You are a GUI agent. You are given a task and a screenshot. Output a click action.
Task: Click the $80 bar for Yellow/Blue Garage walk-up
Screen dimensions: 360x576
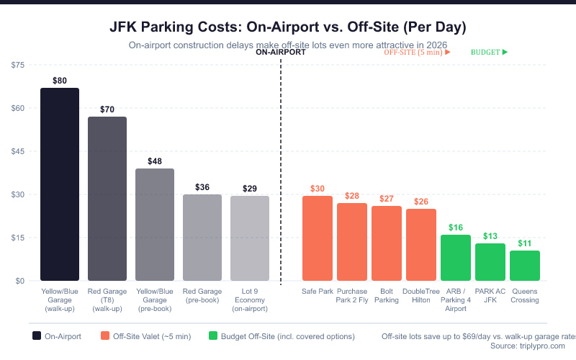(60, 184)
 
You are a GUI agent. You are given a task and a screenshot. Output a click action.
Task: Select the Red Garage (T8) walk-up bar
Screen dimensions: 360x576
(107, 199)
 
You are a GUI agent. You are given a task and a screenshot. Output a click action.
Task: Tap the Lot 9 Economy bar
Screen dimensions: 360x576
(250, 238)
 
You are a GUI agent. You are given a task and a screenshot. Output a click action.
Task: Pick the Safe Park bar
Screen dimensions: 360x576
(318, 238)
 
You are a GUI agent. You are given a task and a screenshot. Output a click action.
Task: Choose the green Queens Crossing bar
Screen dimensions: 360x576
(525, 266)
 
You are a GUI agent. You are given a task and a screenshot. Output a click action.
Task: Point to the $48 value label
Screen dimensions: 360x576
(155, 162)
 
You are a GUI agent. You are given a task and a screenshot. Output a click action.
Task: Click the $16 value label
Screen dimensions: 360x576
(456, 228)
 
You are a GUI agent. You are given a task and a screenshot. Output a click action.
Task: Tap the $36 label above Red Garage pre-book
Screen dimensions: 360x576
(202, 187)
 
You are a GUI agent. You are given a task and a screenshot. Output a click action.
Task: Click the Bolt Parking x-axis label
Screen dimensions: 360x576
(387, 296)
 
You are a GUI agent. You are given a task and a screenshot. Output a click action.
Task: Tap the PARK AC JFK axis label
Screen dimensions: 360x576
(490, 296)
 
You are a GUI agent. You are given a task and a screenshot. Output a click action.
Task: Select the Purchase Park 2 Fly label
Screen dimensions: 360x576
(352, 296)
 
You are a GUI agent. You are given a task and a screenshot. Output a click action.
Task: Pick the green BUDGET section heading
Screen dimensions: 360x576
(486, 53)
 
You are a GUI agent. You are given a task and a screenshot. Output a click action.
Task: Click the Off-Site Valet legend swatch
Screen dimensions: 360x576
(105, 336)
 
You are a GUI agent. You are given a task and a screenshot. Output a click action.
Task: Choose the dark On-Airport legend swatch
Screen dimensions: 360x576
(37, 336)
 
